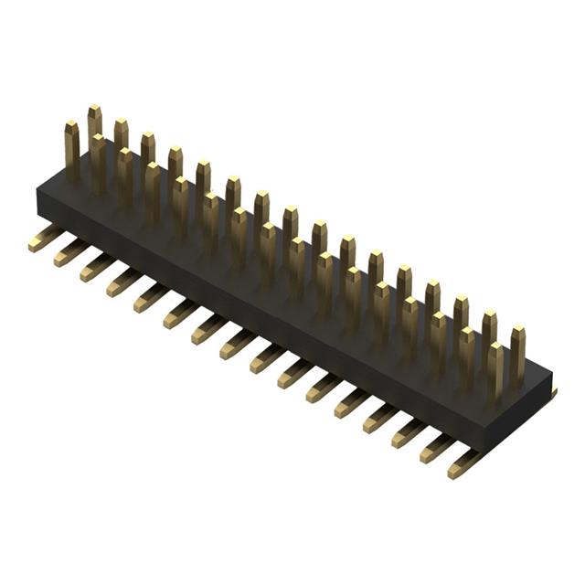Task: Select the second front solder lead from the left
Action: click(69, 253)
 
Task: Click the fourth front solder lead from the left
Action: click(122, 282)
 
